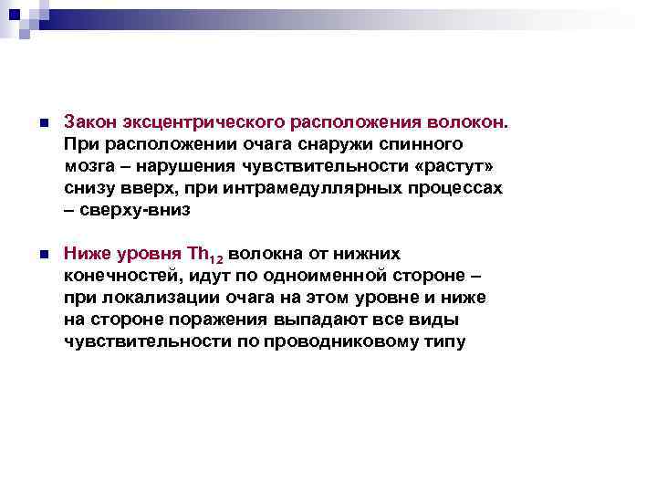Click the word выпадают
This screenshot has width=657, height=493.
click(x=317, y=320)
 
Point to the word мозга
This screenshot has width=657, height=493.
click(x=89, y=165)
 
